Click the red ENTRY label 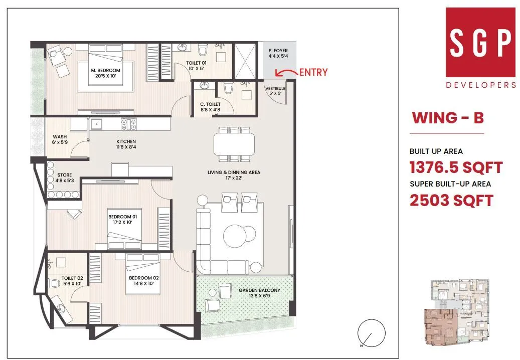click(x=313, y=72)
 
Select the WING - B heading click(x=447, y=118)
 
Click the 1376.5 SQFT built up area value click(x=456, y=167)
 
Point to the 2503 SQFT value click(x=451, y=201)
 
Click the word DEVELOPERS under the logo click(x=480, y=85)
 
